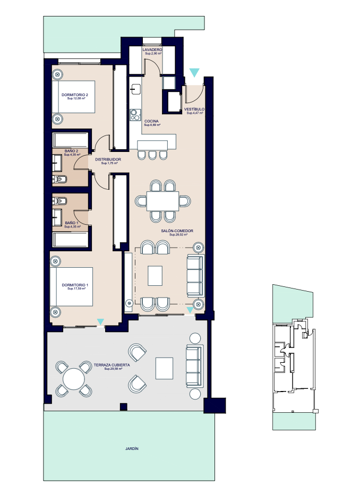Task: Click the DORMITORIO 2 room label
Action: click(75, 95)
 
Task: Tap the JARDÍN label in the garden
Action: click(132, 449)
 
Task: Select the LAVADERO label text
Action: click(152, 50)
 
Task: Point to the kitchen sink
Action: click(136, 89)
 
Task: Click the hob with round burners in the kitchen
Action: click(135, 114)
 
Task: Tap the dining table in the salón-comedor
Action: click(162, 201)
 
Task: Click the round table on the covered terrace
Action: click(74, 379)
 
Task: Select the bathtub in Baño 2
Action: click(71, 140)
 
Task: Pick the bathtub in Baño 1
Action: click(71, 240)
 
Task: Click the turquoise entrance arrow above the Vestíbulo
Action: click(194, 72)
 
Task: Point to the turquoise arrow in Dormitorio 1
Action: click(100, 321)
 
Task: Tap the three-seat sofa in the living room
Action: click(195, 276)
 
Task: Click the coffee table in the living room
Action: click(155, 276)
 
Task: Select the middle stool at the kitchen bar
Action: click(153, 155)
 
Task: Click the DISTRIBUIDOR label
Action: click(108, 159)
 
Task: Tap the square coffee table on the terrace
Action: click(164, 368)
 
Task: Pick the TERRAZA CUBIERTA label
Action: click(112, 365)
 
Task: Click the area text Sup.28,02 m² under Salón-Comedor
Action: click(178, 235)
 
